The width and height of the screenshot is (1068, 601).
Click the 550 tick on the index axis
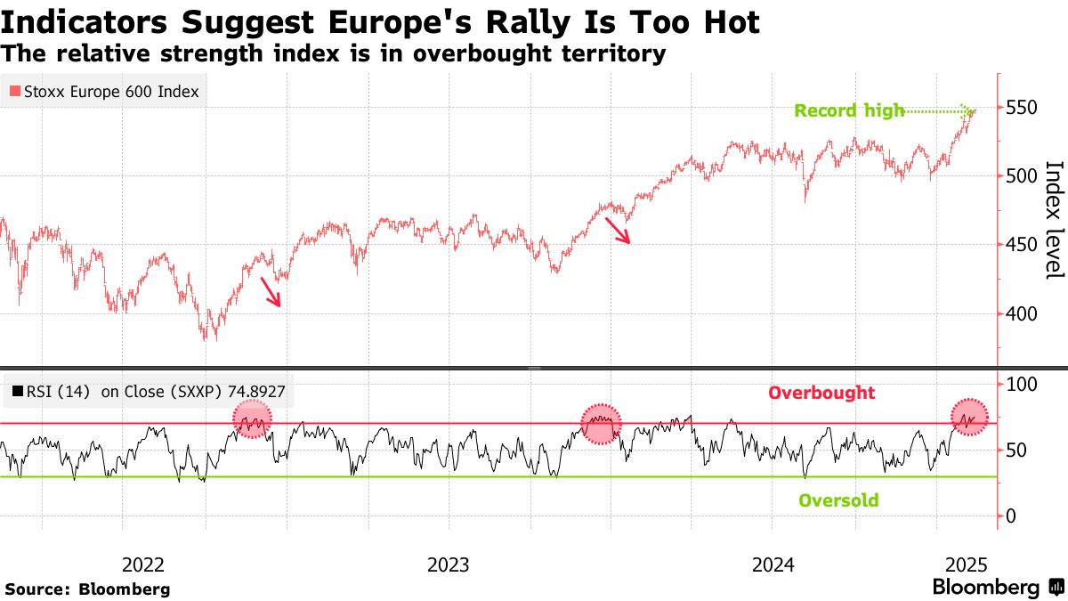pos(1021,108)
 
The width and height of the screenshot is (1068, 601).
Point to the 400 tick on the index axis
pos(1021,313)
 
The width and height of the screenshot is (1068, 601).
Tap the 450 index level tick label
pos(1021,245)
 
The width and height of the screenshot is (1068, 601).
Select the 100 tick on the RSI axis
pos(1021,384)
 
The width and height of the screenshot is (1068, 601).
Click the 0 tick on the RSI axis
pos(1010,516)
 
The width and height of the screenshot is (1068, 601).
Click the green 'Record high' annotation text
pos(849,111)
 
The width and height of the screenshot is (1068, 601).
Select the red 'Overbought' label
pos(821,393)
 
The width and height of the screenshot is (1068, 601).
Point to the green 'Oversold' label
pos(838,500)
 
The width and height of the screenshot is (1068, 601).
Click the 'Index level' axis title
pos(1054,219)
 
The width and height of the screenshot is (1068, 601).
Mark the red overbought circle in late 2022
pos(252,418)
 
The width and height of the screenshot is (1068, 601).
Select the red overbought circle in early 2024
pos(601,422)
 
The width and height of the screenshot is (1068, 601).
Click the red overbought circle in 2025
pos(969,417)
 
